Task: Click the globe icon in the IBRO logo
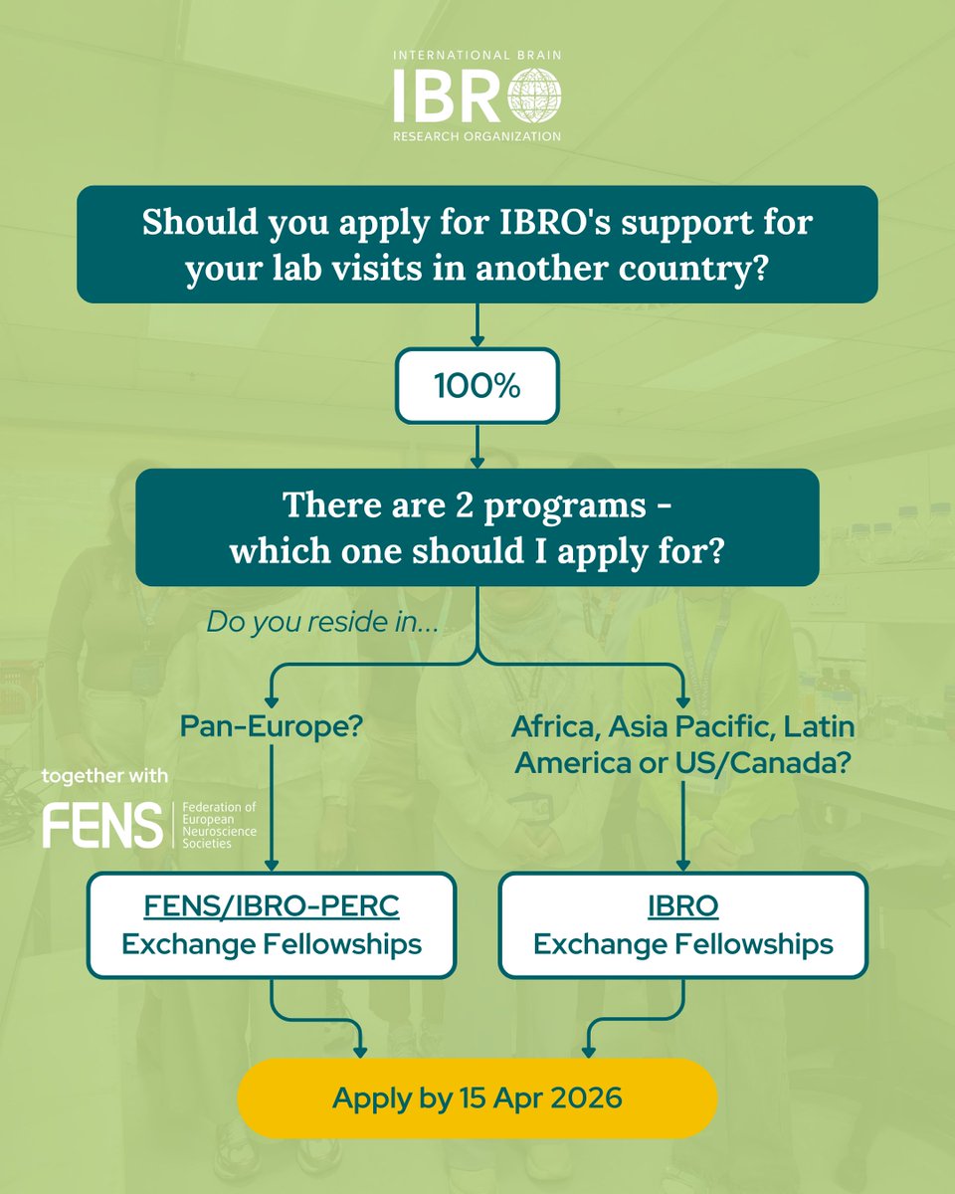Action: point(534,97)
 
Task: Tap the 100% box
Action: point(477,385)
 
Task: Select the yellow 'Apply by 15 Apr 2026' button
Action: point(477,1097)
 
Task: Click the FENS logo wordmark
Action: point(102,825)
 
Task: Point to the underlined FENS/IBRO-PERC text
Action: point(271,906)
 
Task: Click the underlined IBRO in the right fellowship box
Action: point(682,906)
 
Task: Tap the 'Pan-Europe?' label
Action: point(272,726)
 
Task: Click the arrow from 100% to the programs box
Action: point(477,446)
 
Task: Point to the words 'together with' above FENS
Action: point(105,776)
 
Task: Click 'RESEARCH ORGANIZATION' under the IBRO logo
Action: point(477,136)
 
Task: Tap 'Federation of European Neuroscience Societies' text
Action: point(205,825)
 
